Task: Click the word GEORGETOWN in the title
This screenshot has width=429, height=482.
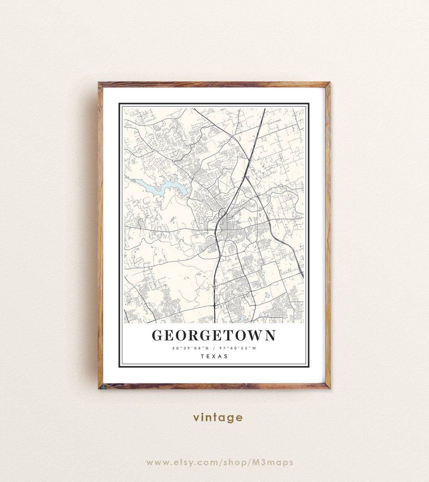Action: (214, 335)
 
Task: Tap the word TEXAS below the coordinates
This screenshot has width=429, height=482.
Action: (214, 356)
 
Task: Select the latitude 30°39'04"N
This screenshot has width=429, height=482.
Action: (190, 348)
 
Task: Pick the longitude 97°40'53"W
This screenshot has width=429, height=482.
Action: (238, 348)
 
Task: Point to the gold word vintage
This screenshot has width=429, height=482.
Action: (218, 418)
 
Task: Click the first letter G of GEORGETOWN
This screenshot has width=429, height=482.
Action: (158, 335)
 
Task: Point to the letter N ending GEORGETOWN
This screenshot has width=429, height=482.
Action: (270, 335)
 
